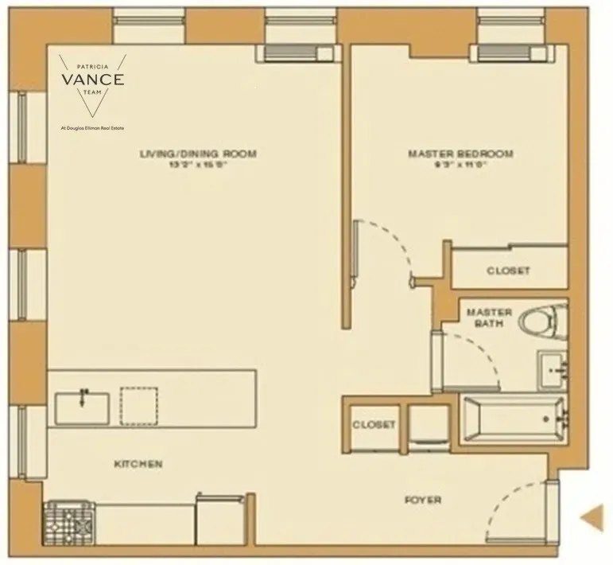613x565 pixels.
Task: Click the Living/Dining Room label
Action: [x=198, y=154]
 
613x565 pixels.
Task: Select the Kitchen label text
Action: [x=138, y=463]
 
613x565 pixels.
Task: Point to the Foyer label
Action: [x=423, y=500]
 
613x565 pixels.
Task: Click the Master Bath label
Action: [x=489, y=318]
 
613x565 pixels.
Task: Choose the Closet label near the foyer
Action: [x=374, y=425]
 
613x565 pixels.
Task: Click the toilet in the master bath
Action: [x=541, y=322]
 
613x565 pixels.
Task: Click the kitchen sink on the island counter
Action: [x=83, y=407]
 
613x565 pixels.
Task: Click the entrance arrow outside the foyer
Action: [x=591, y=517]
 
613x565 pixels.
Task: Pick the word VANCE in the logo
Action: [x=94, y=79]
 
